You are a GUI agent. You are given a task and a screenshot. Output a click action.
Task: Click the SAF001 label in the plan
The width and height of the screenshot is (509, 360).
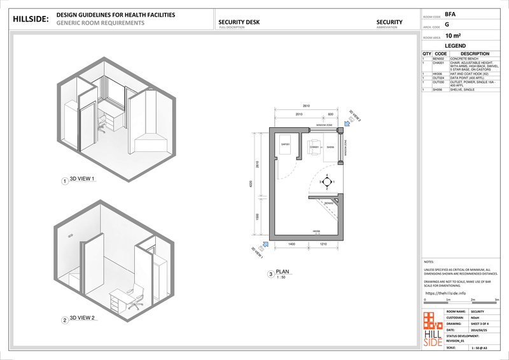tap(286, 144)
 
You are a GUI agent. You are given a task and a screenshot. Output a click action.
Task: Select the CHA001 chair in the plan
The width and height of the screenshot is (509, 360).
tap(315, 146)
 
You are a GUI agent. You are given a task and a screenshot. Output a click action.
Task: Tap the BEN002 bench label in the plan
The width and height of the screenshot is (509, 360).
tap(328, 203)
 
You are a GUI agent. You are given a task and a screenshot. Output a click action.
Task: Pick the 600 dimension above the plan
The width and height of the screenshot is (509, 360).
tap(330, 114)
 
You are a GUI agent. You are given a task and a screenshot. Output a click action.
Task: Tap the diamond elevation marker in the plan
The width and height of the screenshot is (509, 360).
tap(326, 182)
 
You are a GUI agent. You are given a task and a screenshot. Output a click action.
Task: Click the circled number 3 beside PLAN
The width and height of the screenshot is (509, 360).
tap(271, 275)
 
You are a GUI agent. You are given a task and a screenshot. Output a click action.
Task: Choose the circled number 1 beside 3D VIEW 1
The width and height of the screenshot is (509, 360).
tap(64, 181)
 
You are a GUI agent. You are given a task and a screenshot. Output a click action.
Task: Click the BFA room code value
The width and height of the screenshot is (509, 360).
tap(450, 13)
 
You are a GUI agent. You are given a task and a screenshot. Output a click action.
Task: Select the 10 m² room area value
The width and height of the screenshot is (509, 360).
tap(454, 36)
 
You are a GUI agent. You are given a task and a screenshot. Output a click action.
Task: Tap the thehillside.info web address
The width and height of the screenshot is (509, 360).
tap(445, 293)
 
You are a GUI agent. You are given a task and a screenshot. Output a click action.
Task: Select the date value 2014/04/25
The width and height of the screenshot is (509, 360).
tap(479, 329)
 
